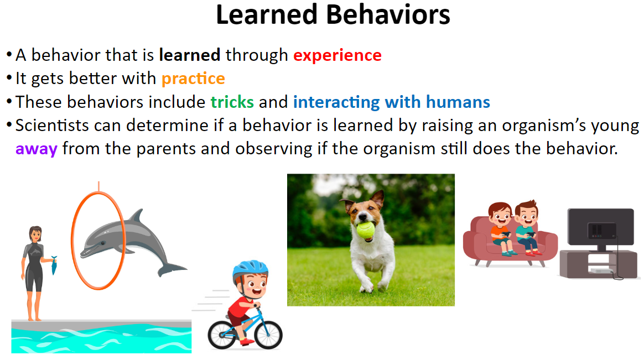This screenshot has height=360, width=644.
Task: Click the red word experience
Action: click(x=337, y=55)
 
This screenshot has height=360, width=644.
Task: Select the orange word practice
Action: click(x=193, y=79)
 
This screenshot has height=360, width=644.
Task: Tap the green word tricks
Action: click(x=232, y=102)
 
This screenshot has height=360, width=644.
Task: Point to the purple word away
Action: click(x=36, y=149)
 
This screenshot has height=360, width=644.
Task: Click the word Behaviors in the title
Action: click(x=388, y=15)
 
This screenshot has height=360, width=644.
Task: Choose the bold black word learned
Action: click(x=190, y=55)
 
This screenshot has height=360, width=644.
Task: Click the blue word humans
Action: click(x=458, y=102)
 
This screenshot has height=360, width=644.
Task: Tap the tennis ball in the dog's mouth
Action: click(x=365, y=230)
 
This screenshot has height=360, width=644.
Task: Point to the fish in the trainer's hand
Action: click(x=54, y=265)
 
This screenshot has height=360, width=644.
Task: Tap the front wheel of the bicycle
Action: click(x=268, y=334)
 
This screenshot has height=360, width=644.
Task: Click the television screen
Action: click(x=600, y=227)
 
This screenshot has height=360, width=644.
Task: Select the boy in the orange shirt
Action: click(x=501, y=228)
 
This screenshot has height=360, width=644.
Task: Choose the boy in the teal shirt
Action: click(x=527, y=227)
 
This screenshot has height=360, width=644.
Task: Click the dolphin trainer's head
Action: click(x=35, y=234)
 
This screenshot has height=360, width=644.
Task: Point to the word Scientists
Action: click(x=52, y=125)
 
